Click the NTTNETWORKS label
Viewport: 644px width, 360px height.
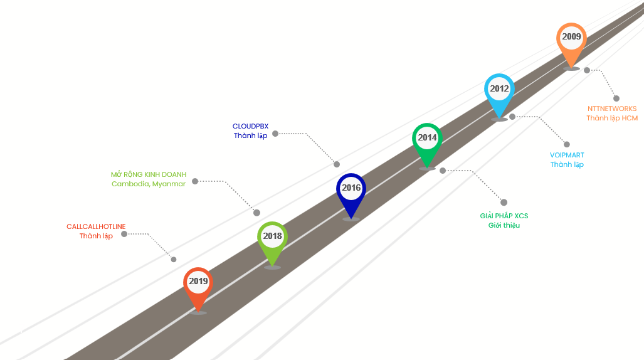point(612,109)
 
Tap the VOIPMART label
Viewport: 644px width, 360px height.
point(567,155)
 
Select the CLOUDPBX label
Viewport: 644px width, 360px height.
point(250,126)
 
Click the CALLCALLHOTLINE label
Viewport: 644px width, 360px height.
point(96,226)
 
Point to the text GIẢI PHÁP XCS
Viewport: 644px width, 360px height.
point(504,216)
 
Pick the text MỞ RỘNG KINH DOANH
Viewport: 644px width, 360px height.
point(149,174)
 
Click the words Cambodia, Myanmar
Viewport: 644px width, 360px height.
point(149,184)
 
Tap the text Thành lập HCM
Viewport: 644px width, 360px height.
point(612,118)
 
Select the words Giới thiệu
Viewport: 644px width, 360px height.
point(504,225)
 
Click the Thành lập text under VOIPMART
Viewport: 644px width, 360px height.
point(567,164)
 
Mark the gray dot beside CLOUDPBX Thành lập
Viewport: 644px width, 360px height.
point(275,134)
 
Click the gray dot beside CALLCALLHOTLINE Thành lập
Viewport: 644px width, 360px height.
point(124,234)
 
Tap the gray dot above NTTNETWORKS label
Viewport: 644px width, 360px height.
point(616,98)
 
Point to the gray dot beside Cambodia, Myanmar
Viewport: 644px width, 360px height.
point(195,181)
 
